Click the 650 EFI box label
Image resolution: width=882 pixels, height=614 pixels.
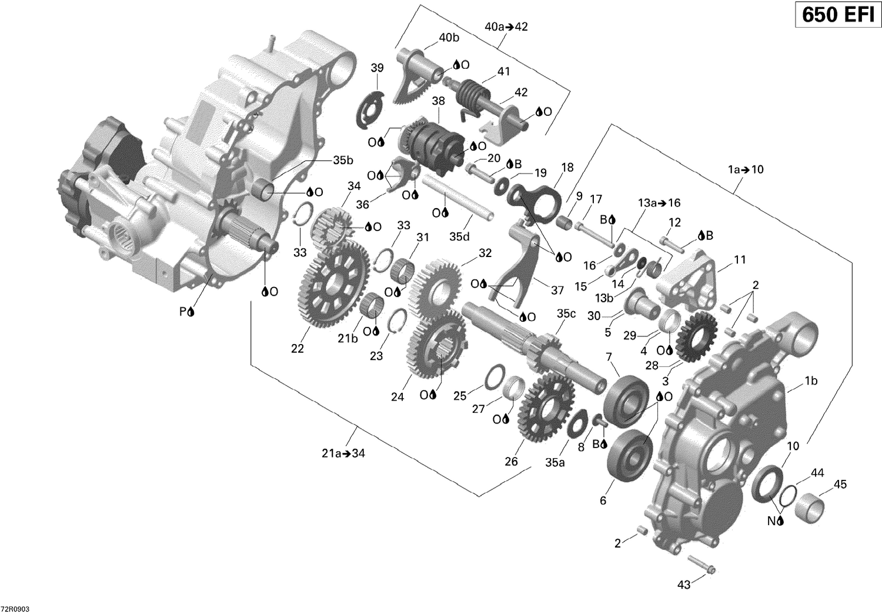point(838,14)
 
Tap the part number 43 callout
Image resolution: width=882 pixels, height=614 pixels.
point(683,585)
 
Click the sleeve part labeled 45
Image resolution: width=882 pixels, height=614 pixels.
point(808,506)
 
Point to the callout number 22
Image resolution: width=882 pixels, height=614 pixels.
point(298,348)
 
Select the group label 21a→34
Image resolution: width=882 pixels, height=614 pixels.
point(343,453)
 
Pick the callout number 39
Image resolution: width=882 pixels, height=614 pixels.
point(377,68)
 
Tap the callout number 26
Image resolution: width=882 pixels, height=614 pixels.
point(511,461)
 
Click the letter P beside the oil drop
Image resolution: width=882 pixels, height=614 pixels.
point(182,312)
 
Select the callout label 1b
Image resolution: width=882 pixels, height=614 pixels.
point(811,381)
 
